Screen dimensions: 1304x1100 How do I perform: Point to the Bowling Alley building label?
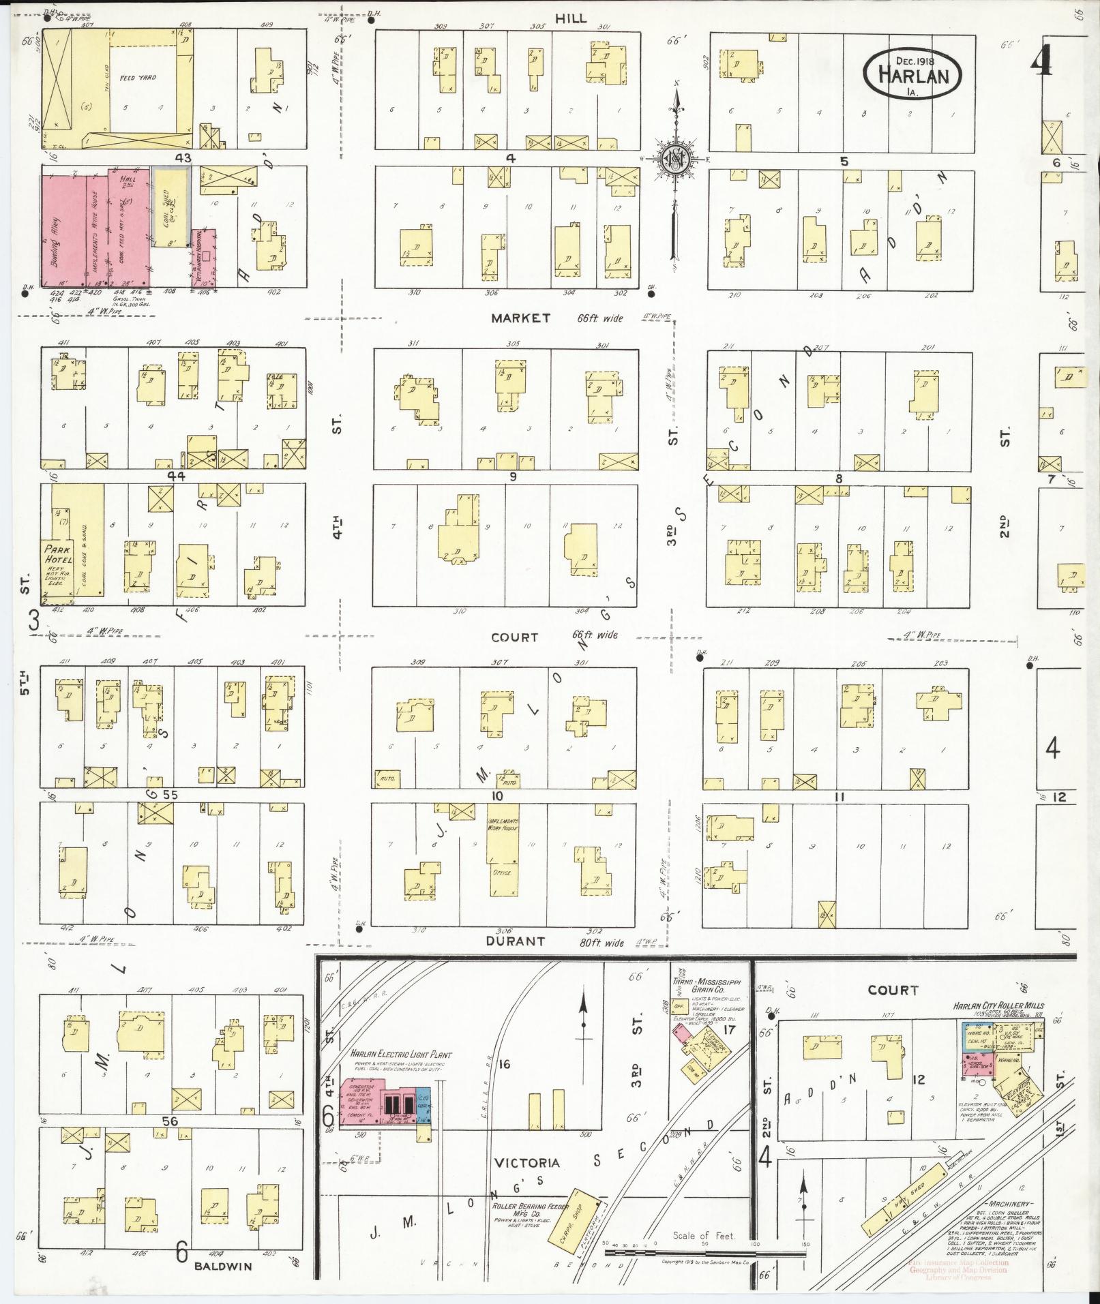[57, 234]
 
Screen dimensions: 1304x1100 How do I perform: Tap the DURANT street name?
[515, 941]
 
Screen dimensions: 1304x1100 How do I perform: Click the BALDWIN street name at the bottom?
[223, 1266]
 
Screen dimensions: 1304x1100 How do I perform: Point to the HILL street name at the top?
[570, 18]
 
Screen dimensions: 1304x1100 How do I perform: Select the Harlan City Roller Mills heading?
[998, 1005]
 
